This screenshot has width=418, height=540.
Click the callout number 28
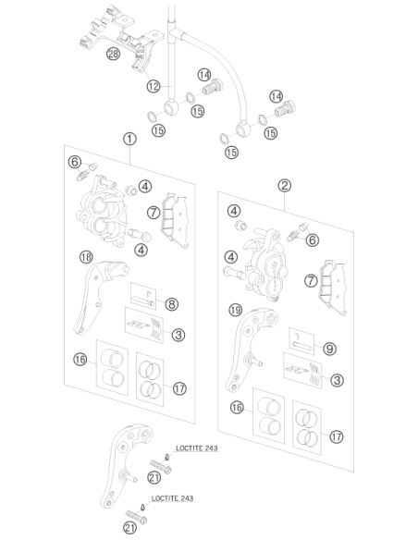(113, 54)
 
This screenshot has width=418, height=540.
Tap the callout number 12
(154, 86)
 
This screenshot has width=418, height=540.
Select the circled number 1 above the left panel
(129, 139)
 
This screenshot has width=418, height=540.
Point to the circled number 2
(285, 186)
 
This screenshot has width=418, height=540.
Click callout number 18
(86, 257)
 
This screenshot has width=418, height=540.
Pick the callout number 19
(236, 311)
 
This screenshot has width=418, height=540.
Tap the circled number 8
(171, 304)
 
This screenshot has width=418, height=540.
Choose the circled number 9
(329, 349)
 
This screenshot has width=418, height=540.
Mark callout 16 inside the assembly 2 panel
(237, 408)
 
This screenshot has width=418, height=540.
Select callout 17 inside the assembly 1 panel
(179, 388)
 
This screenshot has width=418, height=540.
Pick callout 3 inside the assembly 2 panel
(337, 381)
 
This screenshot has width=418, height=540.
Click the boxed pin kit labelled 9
(301, 341)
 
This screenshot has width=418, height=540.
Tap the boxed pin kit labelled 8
(143, 296)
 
